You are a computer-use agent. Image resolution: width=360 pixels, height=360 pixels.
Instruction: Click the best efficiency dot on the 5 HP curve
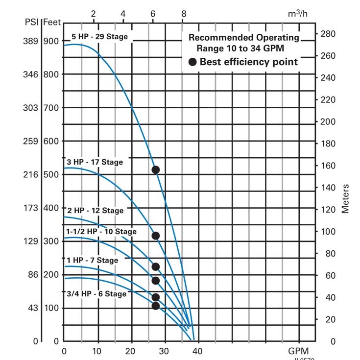click(156, 170)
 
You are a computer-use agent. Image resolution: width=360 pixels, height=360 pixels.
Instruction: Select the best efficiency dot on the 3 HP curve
click(156, 236)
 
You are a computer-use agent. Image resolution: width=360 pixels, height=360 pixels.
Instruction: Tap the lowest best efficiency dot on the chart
click(156, 306)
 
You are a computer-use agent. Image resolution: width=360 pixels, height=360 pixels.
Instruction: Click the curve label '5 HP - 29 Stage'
click(99, 37)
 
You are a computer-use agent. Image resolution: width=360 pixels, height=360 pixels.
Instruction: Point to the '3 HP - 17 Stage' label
click(95, 162)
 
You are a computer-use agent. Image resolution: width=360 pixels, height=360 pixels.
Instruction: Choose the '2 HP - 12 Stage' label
click(96, 210)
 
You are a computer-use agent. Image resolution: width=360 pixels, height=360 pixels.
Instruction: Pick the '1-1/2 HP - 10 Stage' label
click(101, 231)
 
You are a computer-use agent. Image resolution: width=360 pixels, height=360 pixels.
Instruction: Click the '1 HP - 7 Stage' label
click(93, 260)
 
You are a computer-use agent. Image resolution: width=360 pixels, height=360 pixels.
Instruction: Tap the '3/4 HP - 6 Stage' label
click(96, 294)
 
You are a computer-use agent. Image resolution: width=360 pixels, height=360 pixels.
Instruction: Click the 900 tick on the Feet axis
click(51, 41)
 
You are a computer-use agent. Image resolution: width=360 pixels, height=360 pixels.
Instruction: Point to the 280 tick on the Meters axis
click(327, 34)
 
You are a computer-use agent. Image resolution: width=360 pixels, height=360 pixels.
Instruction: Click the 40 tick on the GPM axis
click(197, 351)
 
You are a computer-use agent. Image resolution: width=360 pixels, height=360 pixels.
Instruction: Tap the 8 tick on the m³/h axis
click(184, 14)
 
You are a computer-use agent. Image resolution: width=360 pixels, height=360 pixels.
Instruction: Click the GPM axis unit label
click(298, 351)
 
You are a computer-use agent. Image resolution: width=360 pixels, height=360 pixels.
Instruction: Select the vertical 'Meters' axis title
click(346, 198)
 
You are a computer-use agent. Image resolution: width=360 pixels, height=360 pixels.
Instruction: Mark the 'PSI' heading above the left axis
click(32, 22)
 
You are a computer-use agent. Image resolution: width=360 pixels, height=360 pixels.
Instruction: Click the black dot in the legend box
click(192, 62)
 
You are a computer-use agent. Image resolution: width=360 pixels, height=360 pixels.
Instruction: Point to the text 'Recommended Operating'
click(243, 37)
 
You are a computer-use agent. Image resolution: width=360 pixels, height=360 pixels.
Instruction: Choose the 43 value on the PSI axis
click(32, 308)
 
